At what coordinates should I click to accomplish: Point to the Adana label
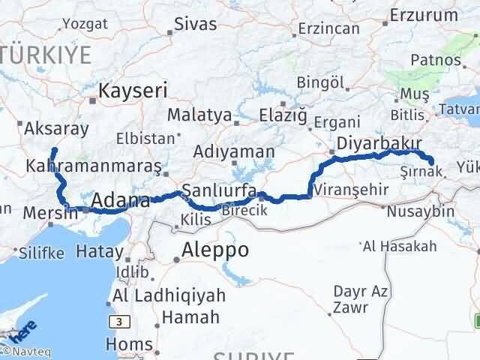120,200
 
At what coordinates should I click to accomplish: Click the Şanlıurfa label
219,188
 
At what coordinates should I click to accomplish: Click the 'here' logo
23,329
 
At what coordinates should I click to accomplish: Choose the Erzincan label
328,28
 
